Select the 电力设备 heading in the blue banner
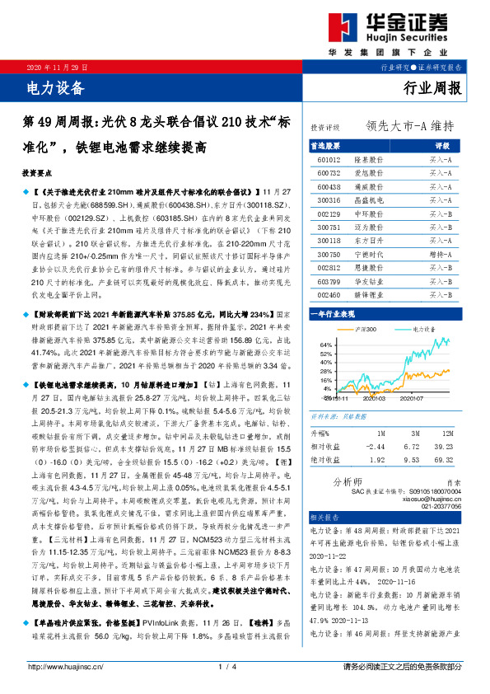tap(56, 84)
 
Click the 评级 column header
tap(441, 145)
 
